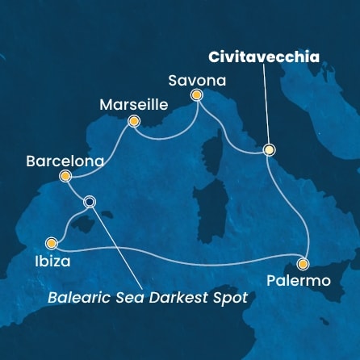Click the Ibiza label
click(x=51, y=262)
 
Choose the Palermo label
click(x=297, y=281)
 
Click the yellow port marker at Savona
click(x=196, y=96)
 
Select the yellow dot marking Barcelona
click(x=66, y=176)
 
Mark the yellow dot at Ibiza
click(x=52, y=242)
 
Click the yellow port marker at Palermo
click(x=303, y=263)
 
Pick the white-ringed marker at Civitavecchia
click(x=269, y=149)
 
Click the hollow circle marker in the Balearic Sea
click(x=90, y=202)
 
